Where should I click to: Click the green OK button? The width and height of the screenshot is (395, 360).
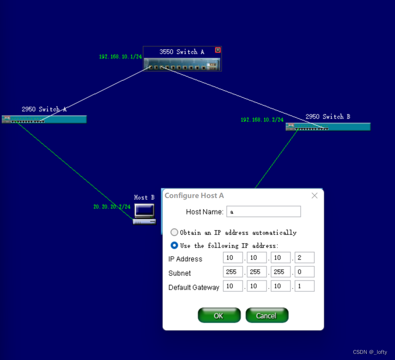219,315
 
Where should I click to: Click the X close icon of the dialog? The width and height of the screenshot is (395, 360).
314,196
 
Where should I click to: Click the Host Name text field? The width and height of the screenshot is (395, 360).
264,211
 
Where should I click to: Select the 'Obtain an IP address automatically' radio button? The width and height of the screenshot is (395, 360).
174,232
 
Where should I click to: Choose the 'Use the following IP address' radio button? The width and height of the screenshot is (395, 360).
174,245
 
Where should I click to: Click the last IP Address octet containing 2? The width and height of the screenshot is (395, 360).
305,257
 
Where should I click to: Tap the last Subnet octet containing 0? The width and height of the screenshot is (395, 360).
305,272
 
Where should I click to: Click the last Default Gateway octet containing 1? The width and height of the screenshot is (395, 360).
305,286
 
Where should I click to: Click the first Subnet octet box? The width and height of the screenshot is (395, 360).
233,272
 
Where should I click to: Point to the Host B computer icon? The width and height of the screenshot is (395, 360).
145,214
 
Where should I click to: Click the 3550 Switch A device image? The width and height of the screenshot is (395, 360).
182,64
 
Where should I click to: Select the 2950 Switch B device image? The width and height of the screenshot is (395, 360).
328,127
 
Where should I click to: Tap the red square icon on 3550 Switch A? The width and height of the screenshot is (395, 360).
218,50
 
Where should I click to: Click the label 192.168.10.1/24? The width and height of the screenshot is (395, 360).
121,56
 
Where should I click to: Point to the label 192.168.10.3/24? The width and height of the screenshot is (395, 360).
262,120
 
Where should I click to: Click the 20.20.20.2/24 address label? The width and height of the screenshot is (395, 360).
112,207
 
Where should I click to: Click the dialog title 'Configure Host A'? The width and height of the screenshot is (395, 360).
194,196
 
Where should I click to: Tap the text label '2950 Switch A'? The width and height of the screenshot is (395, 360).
44,109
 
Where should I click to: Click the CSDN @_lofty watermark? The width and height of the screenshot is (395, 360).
370,352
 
